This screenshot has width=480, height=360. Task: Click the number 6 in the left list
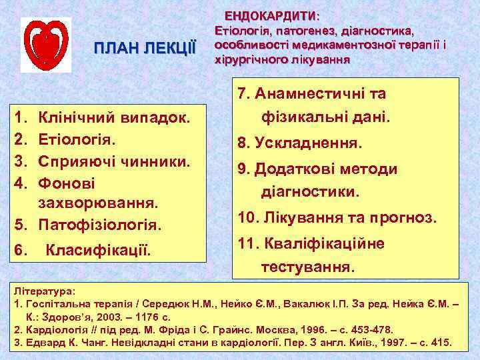20,251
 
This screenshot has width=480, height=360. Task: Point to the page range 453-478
371,329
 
